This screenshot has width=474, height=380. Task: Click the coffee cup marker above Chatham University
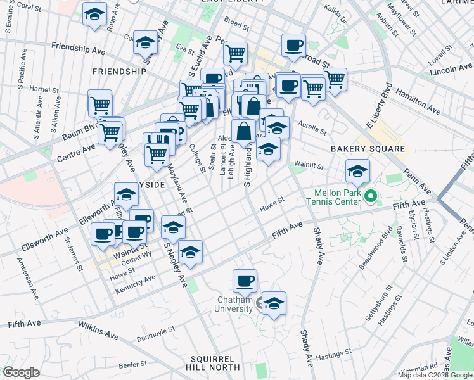coord(245,281)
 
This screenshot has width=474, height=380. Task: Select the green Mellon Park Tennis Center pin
coord(373,196)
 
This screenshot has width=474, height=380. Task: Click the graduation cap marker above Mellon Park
coord(357,171)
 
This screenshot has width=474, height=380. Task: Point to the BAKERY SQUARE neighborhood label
coord(368,149)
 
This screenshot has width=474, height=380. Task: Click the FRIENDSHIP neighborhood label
coord(119,72)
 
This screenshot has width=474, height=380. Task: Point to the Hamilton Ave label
coord(418,101)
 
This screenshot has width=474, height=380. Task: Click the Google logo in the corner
coord(22,372)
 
